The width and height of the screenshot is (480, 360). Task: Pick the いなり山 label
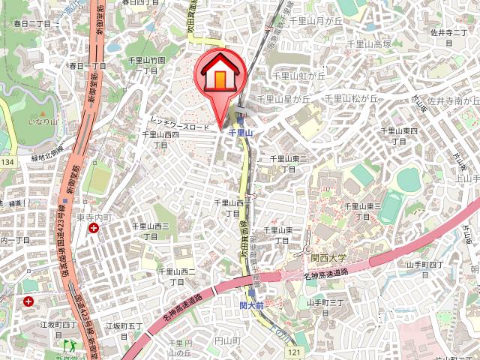[42, 121]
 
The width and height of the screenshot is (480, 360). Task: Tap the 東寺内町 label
[94, 217]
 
